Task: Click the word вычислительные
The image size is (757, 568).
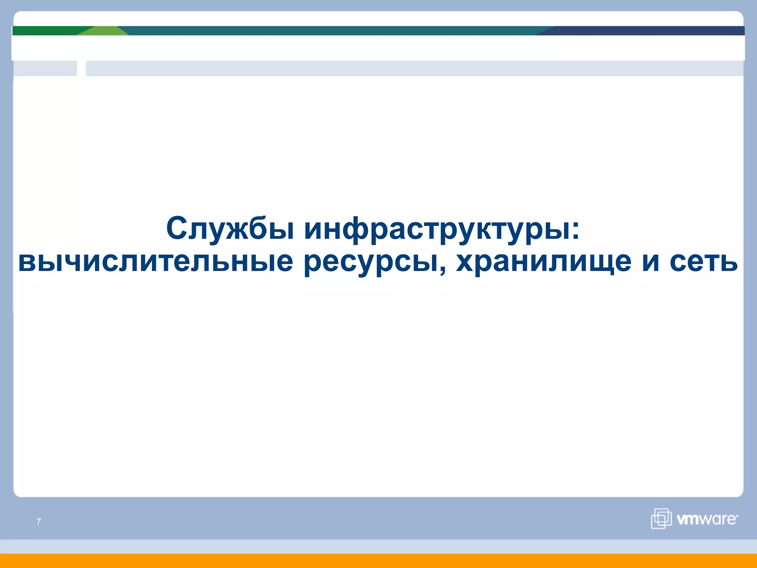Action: [x=155, y=262]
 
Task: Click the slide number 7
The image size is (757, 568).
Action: [x=39, y=521]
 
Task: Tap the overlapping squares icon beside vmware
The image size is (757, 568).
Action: [x=661, y=518]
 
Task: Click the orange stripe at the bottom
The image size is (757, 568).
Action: [x=378, y=561]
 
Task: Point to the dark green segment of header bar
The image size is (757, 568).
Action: [x=44, y=31]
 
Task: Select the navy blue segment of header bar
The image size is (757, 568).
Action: [x=647, y=31]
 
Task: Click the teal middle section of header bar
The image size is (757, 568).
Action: [x=333, y=31]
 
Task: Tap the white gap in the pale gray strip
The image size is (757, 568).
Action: [x=81, y=68]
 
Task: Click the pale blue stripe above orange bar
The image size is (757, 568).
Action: [x=378, y=547]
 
